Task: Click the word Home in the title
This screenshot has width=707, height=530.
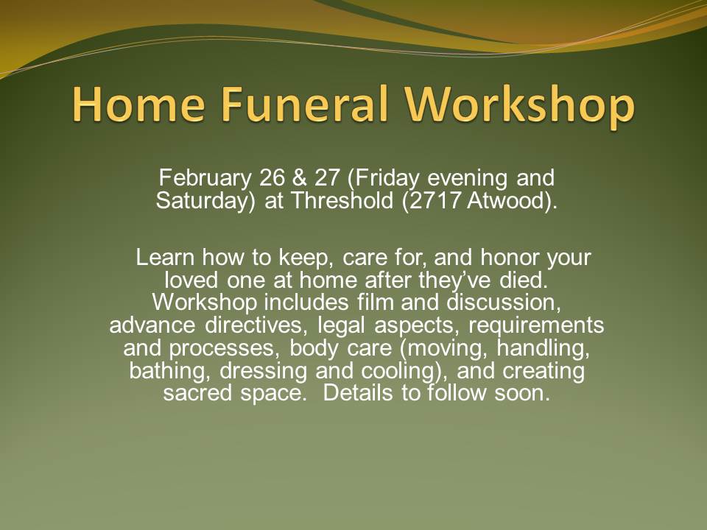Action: click(138, 104)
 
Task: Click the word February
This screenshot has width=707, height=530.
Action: click(205, 179)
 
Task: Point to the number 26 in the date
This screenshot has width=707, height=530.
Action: click(272, 177)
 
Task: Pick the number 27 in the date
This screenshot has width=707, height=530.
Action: click(327, 177)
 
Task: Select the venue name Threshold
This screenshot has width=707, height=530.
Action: click(342, 200)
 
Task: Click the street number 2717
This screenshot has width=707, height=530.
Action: click(432, 201)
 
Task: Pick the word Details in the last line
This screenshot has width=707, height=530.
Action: click(358, 392)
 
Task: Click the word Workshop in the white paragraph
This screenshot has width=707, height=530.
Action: click(204, 303)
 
